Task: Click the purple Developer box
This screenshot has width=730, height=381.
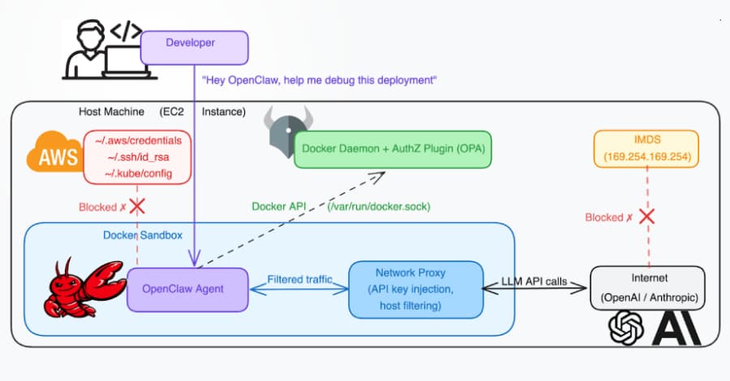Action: click(195, 42)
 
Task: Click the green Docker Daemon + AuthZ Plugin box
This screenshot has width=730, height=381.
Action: click(393, 148)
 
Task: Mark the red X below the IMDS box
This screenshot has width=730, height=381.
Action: click(646, 217)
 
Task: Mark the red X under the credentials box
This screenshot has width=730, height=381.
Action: click(138, 206)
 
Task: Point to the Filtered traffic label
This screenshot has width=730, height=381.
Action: click(300, 280)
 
